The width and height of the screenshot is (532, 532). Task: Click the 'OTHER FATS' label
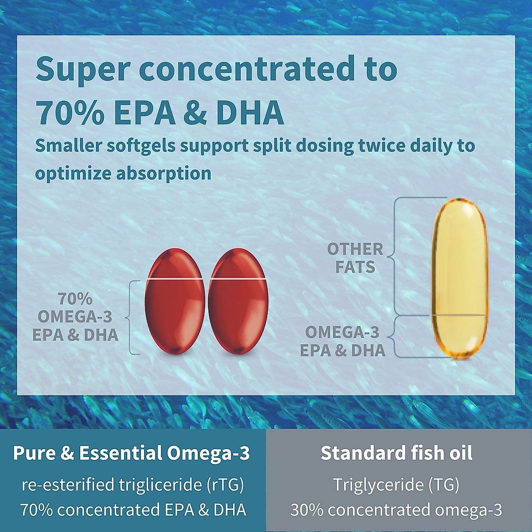click(355, 258)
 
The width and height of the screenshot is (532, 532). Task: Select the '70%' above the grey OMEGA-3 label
click(75, 299)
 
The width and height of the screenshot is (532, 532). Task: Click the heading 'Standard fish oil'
click(396, 453)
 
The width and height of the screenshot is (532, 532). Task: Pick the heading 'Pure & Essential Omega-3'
click(132, 453)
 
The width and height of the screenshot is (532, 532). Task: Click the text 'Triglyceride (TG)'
click(396, 485)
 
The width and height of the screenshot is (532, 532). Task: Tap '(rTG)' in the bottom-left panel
click(225, 485)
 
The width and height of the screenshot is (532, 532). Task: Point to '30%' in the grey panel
click(307, 510)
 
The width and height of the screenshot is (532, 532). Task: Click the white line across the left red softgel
click(175, 279)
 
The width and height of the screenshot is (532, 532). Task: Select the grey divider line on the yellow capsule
click(460, 315)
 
